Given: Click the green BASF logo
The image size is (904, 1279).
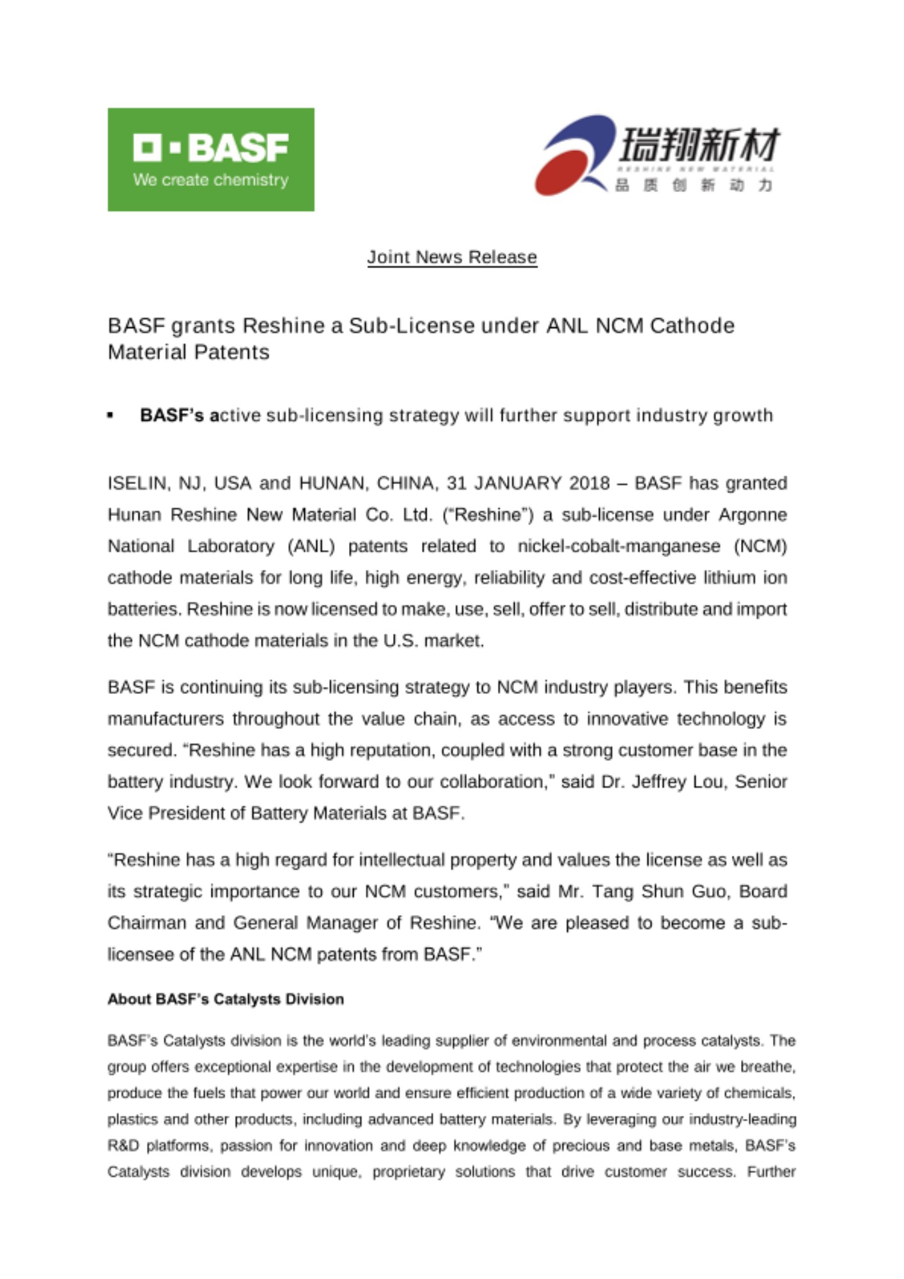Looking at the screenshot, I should (210, 159).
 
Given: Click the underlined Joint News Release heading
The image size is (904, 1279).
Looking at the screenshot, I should (451, 257).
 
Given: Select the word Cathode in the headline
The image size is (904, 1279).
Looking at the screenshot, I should (692, 326).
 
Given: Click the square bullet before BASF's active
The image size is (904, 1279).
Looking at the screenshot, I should (111, 416).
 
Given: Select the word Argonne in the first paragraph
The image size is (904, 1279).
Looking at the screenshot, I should (752, 515).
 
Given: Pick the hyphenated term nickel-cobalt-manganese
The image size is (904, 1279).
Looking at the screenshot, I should (618, 546).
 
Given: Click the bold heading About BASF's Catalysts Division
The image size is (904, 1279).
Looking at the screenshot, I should (225, 999).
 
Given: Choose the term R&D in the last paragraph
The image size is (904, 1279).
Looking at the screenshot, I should (122, 1145).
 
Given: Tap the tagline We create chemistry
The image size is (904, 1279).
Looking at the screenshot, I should (210, 180).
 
